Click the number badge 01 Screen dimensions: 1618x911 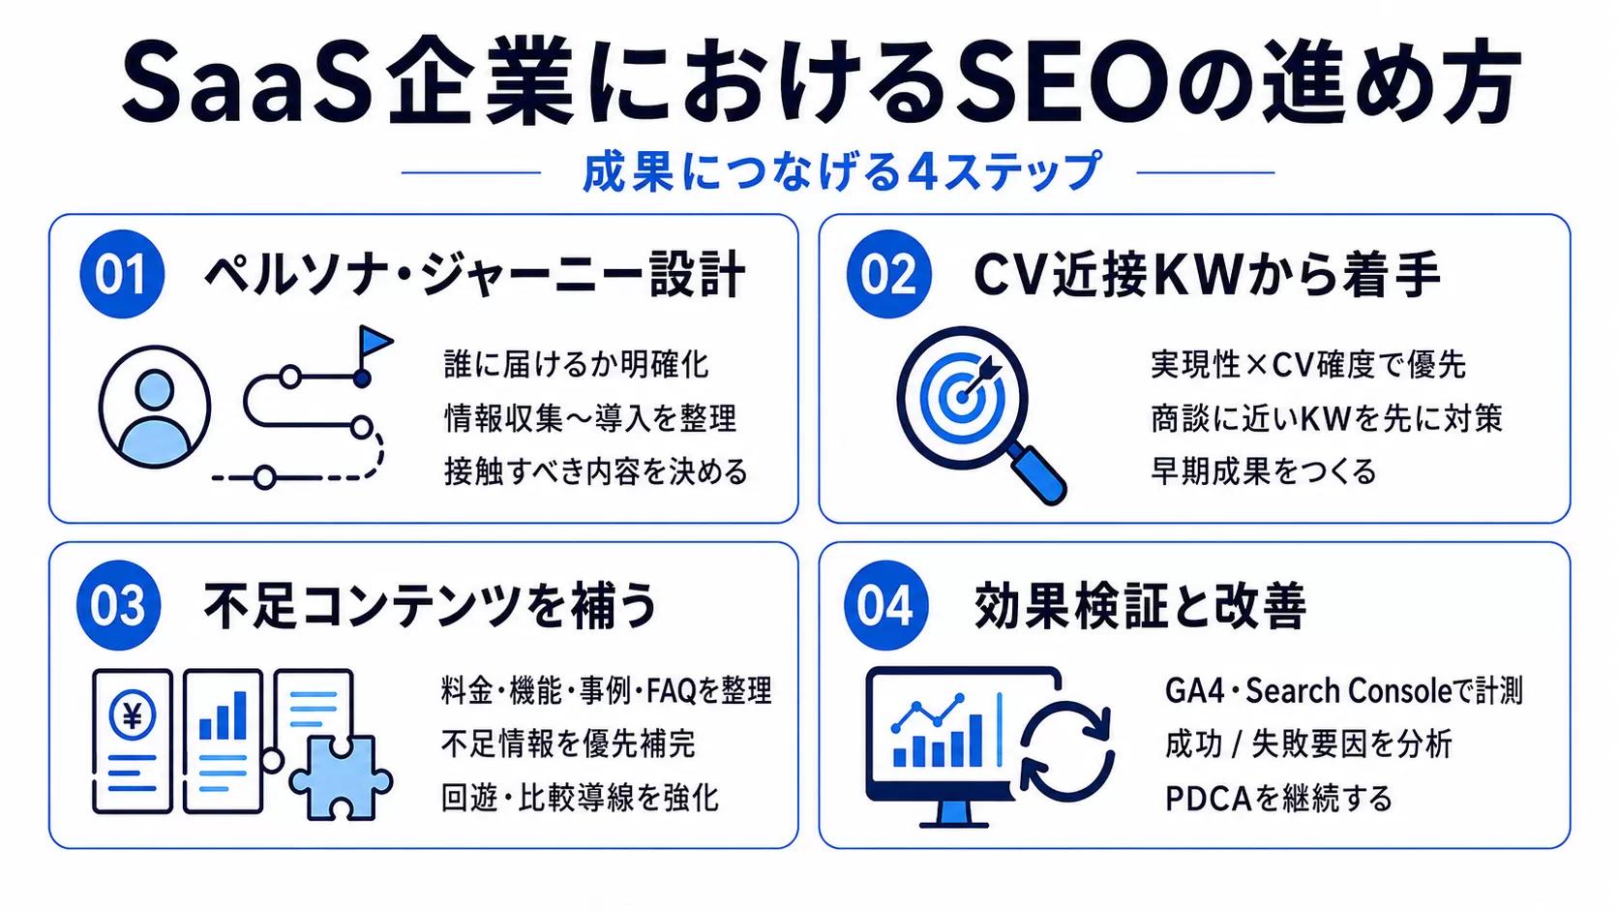point(122,275)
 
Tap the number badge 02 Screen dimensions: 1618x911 point(889,275)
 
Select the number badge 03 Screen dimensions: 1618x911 point(119,605)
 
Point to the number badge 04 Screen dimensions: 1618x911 point(886,605)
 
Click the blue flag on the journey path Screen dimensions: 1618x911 point(375,341)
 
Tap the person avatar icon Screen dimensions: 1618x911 point(155,408)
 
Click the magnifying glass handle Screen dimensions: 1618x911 point(1037,473)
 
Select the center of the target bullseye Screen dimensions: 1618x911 point(961,397)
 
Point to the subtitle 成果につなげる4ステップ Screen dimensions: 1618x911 point(842,172)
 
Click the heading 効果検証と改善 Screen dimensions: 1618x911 point(1141,605)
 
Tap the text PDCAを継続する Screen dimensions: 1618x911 point(1278,799)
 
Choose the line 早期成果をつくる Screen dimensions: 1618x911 point(1264,471)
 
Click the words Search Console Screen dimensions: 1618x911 point(1349,691)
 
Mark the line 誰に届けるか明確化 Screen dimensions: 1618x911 point(577,364)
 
